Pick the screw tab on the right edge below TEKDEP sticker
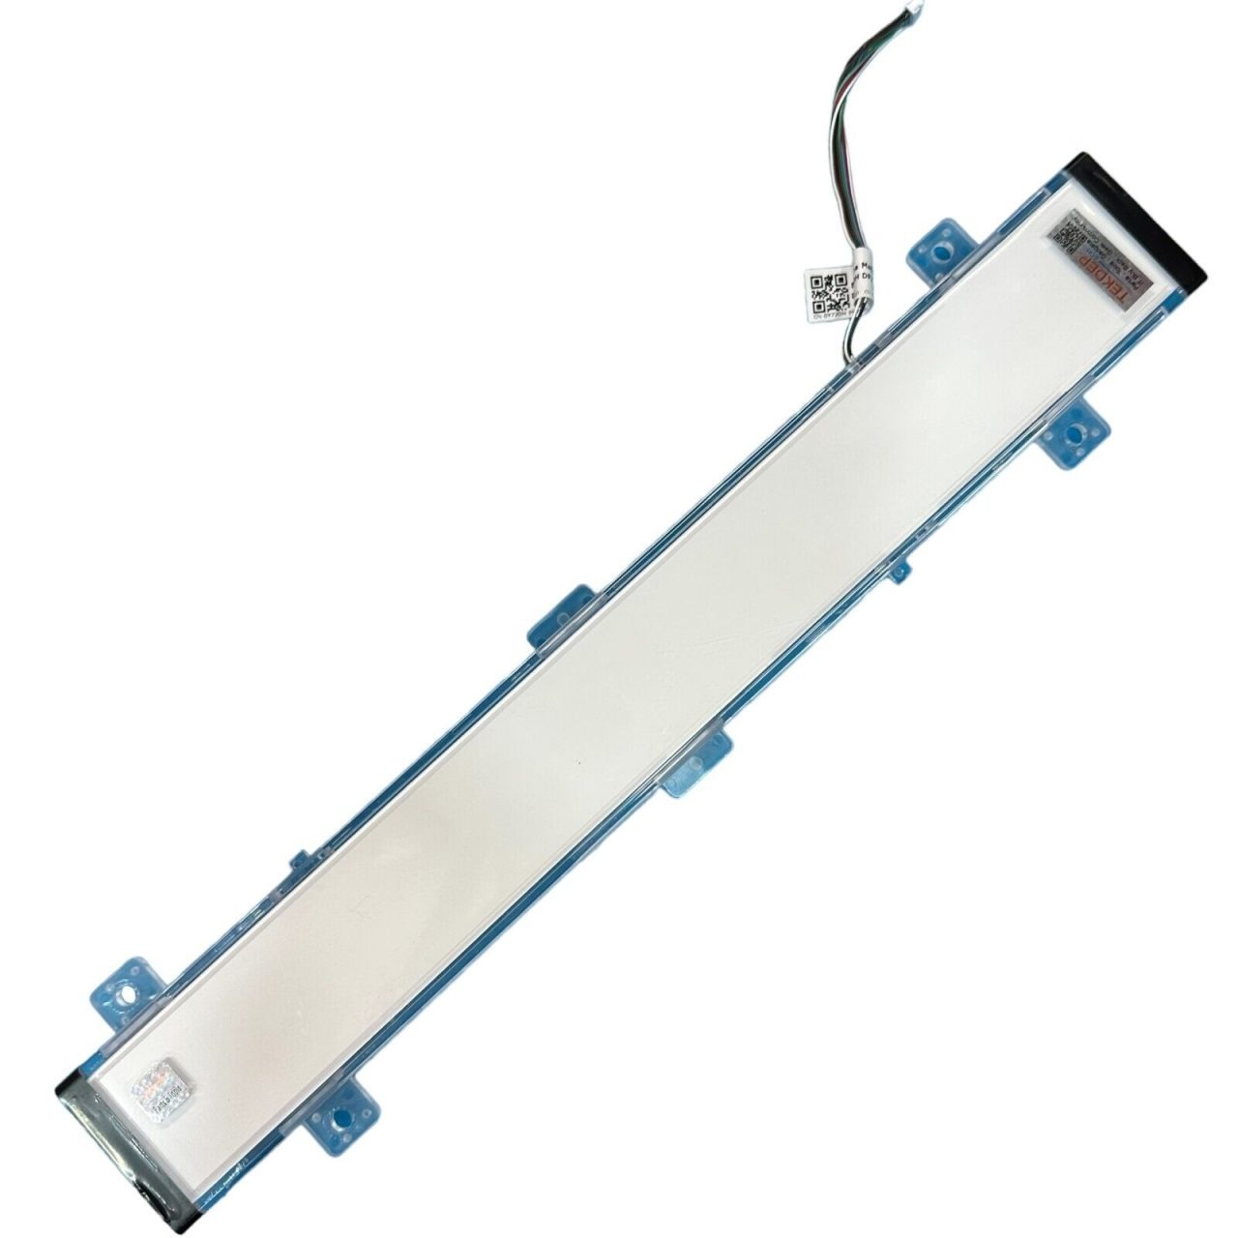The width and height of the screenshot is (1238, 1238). click(1075, 435)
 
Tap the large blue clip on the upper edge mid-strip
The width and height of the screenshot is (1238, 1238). click(564, 616)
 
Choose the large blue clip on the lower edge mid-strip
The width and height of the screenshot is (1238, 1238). click(696, 763)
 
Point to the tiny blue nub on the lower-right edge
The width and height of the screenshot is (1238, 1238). click(900, 571)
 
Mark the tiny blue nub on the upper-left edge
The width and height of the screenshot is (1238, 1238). click(300, 860)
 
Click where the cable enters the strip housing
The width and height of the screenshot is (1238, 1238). click(849, 359)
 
